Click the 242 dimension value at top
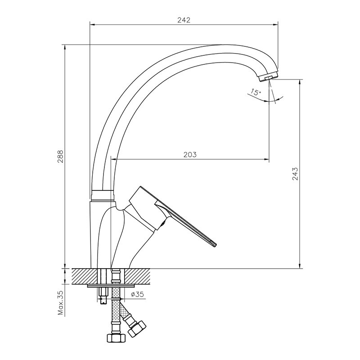(184, 20)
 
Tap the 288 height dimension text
(60, 157)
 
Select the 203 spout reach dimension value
(190, 154)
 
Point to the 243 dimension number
(295, 174)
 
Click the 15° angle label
(256, 92)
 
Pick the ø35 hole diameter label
(138, 294)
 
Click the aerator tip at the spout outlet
(269, 77)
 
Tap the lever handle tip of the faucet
(214, 245)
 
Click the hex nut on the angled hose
(137, 329)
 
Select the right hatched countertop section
(137, 276)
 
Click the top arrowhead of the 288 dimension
(65, 47)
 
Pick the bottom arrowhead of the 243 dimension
(300, 265)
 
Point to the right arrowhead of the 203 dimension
(266, 159)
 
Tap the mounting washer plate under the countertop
(111, 286)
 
